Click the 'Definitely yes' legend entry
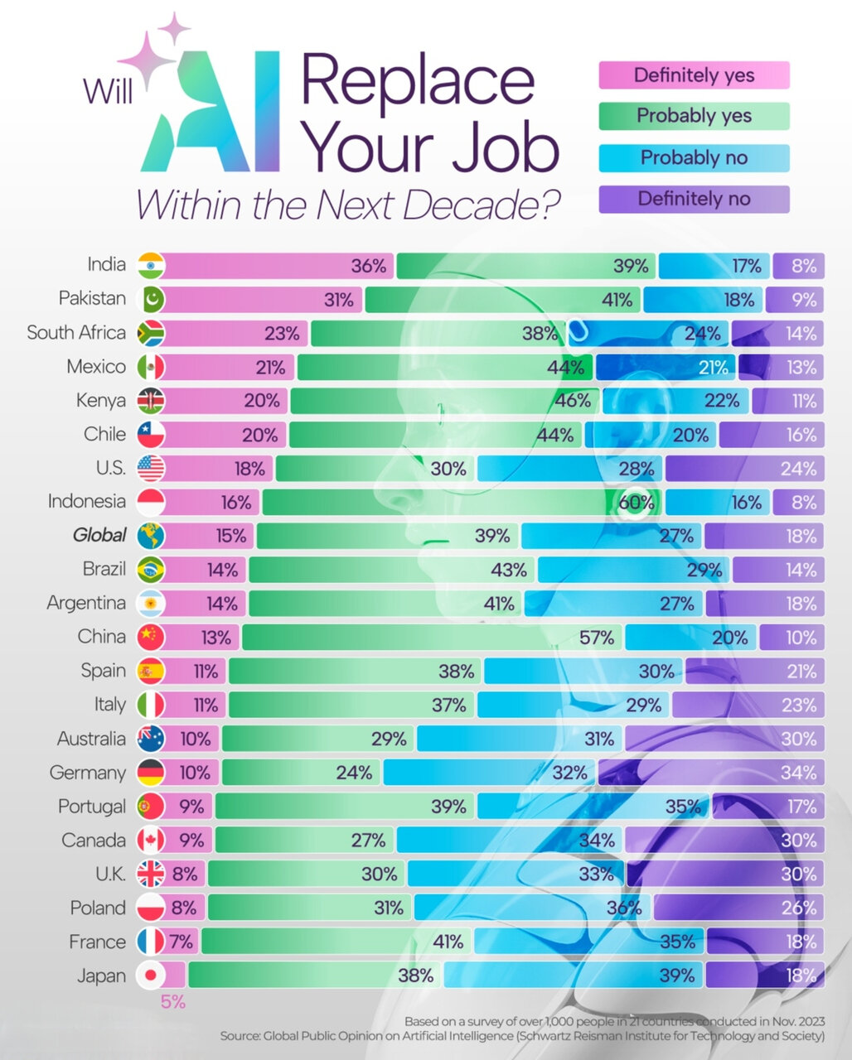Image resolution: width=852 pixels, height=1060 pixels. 694,75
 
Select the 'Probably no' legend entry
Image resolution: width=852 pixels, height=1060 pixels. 694,157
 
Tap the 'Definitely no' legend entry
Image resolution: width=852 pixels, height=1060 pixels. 694,199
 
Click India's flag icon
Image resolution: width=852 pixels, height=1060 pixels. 151,265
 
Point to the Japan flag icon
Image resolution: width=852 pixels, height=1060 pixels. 151,976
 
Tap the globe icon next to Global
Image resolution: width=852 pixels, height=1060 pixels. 151,536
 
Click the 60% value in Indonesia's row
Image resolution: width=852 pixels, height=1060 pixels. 637,502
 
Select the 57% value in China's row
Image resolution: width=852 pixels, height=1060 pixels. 597,638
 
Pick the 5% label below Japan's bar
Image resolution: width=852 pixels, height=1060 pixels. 172,1002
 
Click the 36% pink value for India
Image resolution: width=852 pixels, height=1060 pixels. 368,266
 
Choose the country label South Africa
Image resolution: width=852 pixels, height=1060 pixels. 76,333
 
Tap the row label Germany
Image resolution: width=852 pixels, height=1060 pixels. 88,773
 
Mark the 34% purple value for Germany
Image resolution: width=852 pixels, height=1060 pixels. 798,773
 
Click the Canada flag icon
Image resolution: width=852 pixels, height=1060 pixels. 151,841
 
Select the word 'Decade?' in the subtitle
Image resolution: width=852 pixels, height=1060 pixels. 490,205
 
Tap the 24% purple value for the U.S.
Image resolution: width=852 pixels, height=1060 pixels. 798,469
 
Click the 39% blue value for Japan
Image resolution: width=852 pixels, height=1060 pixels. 676,976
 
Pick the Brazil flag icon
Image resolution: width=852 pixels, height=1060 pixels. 151,570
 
